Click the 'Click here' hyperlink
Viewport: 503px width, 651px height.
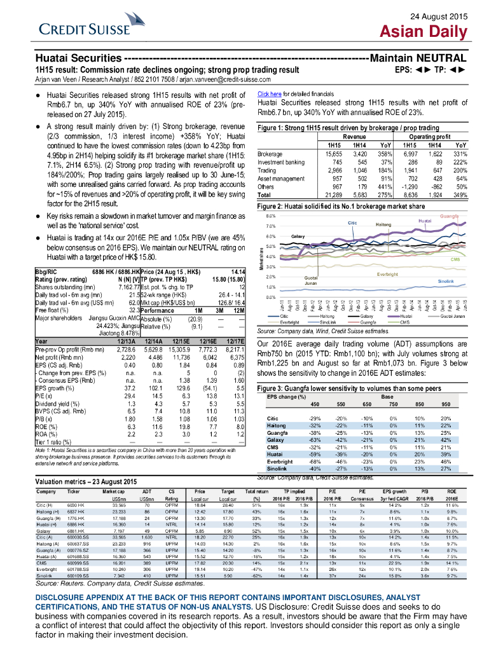coord(268,94)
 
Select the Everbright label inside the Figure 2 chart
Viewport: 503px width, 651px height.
coord(388,273)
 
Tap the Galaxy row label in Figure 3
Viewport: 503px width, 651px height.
coord(275,440)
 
